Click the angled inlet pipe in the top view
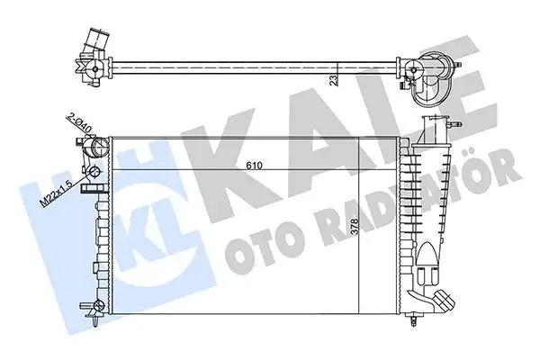(93, 45)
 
